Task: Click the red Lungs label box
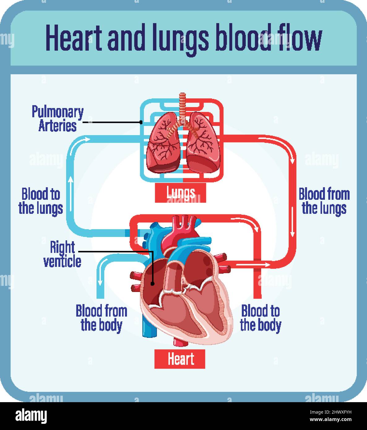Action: click(x=180, y=193)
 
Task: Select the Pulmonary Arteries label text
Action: click(x=58, y=118)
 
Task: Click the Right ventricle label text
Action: click(x=62, y=254)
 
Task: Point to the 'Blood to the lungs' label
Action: click(x=41, y=201)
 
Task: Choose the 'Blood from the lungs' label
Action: click(x=324, y=201)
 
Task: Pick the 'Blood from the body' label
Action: click(x=101, y=319)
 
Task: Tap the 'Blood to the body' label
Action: click(x=261, y=319)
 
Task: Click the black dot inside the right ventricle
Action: click(x=153, y=284)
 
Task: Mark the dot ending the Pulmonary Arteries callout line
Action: click(x=141, y=122)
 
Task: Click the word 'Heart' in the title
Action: click(x=74, y=37)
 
